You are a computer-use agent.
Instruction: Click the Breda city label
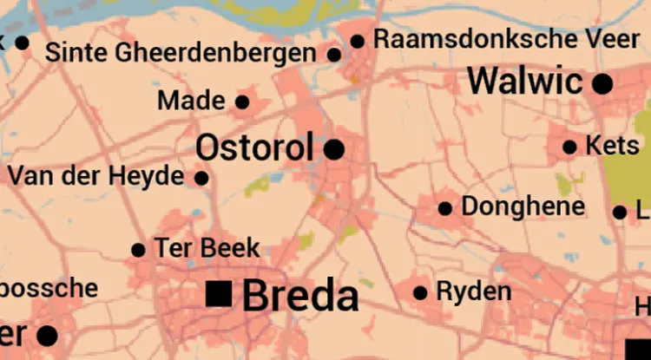coord(300,296)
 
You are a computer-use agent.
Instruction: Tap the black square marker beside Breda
coord(218,293)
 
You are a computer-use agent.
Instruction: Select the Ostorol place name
coord(253,147)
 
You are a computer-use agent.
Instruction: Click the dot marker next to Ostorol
coord(334,149)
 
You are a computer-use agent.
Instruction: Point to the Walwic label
coord(525,82)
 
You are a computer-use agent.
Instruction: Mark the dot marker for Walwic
coord(602,83)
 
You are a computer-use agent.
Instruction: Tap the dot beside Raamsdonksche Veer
coord(357,40)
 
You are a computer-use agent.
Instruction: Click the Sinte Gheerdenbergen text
coord(181,52)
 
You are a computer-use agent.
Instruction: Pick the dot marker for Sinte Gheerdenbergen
coord(334,54)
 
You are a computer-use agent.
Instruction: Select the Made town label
coord(191,101)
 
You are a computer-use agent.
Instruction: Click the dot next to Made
coord(242,101)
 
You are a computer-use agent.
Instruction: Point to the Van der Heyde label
coord(96,176)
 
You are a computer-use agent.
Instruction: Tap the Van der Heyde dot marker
coord(201,178)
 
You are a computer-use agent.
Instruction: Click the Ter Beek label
coord(207,248)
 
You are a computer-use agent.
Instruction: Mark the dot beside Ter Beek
coord(138,250)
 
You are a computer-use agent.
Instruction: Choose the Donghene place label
coord(523,206)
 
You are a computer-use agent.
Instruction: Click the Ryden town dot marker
coord(421,293)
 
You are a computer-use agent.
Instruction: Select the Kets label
coord(612,145)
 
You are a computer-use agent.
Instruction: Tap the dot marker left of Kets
coord(569,147)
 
